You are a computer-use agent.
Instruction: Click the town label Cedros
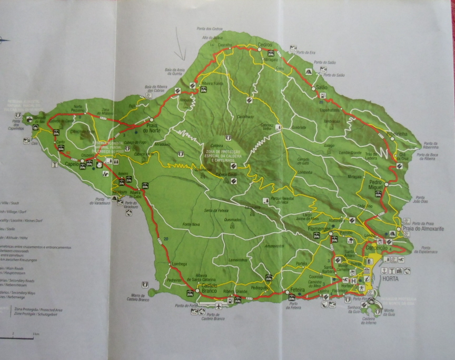(x=265, y=45)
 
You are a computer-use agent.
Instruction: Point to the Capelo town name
(x=72, y=164)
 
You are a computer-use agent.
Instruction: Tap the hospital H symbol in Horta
(x=361, y=281)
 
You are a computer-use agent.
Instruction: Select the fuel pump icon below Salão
(x=322, y=96)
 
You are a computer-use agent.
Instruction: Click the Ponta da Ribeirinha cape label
(x=431, y=147)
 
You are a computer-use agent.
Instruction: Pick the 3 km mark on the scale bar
(x=35, y=334)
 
